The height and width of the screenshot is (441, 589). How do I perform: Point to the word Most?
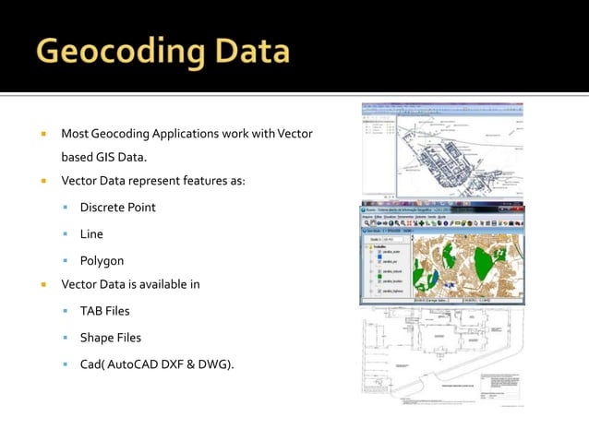pyautogui.click(x=76, y=135)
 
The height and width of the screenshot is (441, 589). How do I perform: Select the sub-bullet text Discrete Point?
pyautogui.click(x=117, y=207)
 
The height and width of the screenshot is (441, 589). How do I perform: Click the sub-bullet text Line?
pyautogui.click(x=91, y=234)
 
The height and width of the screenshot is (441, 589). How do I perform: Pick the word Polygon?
pyautogui.click(x=102, y=261)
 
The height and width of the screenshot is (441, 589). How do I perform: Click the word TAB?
pyautogui.click(x=91, y=311)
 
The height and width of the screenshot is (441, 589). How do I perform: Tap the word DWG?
pyautogui.click(x=219, y=364)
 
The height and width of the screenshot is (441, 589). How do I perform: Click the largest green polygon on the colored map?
pyautogui.click(x=487, y=266)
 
